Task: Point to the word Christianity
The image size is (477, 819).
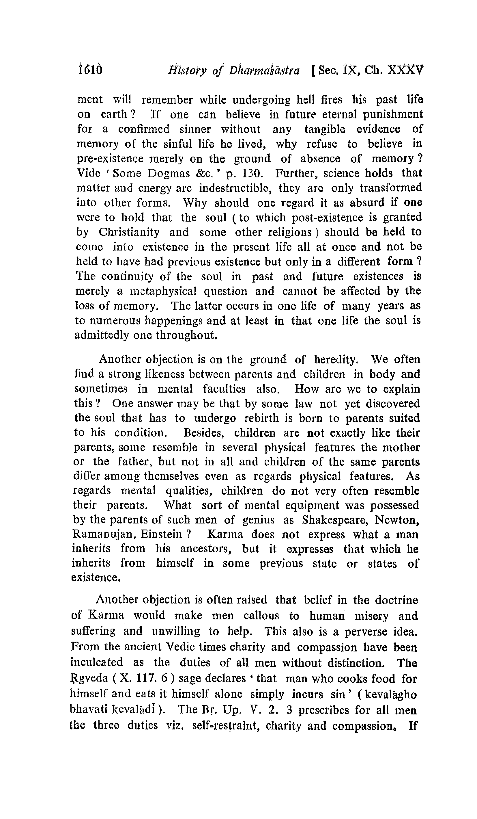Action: click(129, 232)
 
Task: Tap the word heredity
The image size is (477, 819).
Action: click(336, 359)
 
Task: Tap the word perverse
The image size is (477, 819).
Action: click(366, 631)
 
